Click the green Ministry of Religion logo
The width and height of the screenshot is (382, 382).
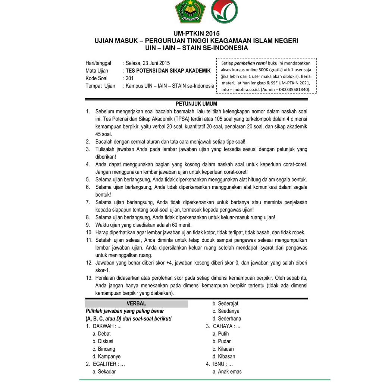click(x=191, y=11)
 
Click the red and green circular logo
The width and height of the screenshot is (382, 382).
click(x=224, y=11)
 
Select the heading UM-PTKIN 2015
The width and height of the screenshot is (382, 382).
click(x=196, y=34)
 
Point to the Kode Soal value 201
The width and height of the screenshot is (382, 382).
click(x=129, y=78)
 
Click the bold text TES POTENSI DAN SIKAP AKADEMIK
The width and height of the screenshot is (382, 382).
click(x=168, y=71)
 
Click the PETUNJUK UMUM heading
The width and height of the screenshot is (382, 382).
click(x=196, y=104)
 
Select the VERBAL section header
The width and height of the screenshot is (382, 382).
click(x=136, y=304)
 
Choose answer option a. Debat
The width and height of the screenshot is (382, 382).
click(x=101, y=334)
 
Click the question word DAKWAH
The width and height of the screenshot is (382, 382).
click(x=103, y=326)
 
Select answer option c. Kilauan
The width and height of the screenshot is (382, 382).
click(x=223, y=349)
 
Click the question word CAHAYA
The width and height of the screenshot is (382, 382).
click(x=223, y=326)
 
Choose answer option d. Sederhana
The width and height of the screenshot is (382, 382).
click(x=227, y=319)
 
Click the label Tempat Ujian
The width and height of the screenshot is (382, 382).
click(x=100, y=86)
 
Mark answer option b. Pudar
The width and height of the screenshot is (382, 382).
click(x=222, y=341)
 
